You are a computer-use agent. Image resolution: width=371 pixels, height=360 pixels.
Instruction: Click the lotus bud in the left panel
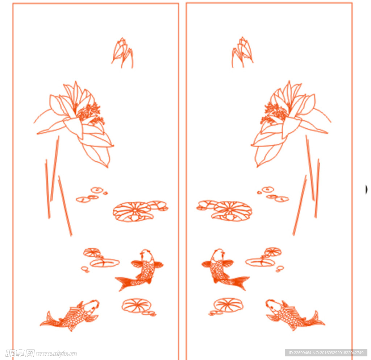(x=122, y=53)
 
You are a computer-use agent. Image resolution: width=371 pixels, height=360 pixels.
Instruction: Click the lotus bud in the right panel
(x=242, y=52)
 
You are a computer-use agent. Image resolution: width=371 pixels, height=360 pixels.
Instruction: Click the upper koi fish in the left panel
(x=142, y=270)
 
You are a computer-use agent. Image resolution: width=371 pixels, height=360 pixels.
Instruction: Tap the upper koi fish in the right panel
(x=222, y=269)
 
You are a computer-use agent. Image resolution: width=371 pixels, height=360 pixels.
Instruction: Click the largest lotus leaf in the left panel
(x=133, y=212)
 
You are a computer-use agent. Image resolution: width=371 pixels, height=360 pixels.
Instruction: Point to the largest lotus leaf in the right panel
(x=232, y=211)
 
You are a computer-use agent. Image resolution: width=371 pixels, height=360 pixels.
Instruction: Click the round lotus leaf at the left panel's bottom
(x=137, y=306)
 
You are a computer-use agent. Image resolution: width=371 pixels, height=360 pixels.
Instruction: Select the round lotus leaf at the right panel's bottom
(x=228, y=305)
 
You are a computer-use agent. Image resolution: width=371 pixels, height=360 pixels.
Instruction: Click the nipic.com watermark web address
(x=57, y=354)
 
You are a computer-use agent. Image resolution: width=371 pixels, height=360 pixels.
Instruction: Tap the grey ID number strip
(x=326, y=353)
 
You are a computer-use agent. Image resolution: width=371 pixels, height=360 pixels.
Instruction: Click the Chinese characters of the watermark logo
(x=20, y=353)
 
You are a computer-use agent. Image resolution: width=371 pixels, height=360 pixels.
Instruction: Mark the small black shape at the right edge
(x=366, y=189)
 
